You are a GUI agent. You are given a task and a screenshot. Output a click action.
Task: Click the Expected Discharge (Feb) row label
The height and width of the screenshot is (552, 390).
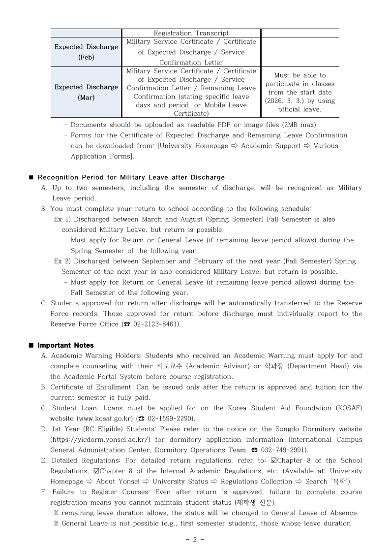86,52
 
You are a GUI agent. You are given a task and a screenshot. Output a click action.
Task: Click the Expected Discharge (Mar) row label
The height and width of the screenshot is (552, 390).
86,92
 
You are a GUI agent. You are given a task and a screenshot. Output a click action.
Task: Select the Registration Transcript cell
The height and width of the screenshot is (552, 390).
191,33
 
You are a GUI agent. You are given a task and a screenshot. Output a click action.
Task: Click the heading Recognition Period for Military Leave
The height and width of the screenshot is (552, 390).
131,177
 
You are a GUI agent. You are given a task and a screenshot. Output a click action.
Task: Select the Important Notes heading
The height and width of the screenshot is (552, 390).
65,345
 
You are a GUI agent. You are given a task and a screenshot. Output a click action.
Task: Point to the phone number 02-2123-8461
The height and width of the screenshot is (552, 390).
155,324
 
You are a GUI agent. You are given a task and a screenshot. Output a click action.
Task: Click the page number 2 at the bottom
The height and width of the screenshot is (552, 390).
195,539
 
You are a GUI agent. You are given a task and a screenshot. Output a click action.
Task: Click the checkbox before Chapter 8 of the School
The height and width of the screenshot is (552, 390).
273,460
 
